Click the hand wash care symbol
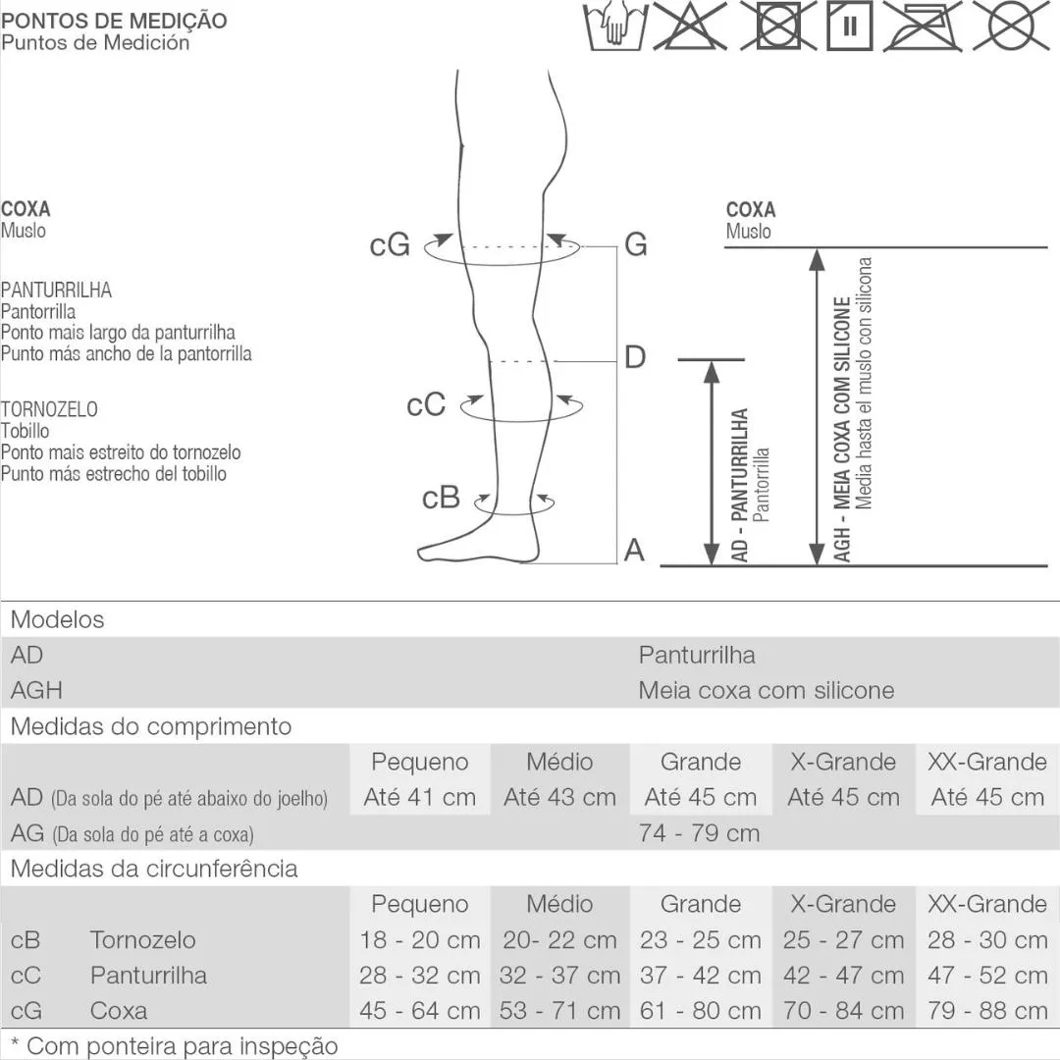click(615, 26)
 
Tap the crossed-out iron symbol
click(922, 26)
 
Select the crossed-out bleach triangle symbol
click(690, 26)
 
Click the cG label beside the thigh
click(390, 244)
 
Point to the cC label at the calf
click(426, 405)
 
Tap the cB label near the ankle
click(441, 498)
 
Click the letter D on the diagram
click(635, 357)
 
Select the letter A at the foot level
click(634, 550)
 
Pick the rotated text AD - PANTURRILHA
click(740, 486)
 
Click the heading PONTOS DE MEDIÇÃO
click(114, 21)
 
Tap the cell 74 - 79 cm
click(700, 833)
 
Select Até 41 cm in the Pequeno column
click(420, 797)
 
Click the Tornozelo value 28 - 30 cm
click(987, 939)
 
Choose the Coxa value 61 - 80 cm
click(701, 1011)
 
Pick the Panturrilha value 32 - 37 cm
click(559, 976)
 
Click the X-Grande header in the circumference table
click(843, 904)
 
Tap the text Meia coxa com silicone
click(767, 690)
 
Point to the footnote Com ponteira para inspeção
click(175, 1046)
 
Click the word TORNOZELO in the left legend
click(49, 409)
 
